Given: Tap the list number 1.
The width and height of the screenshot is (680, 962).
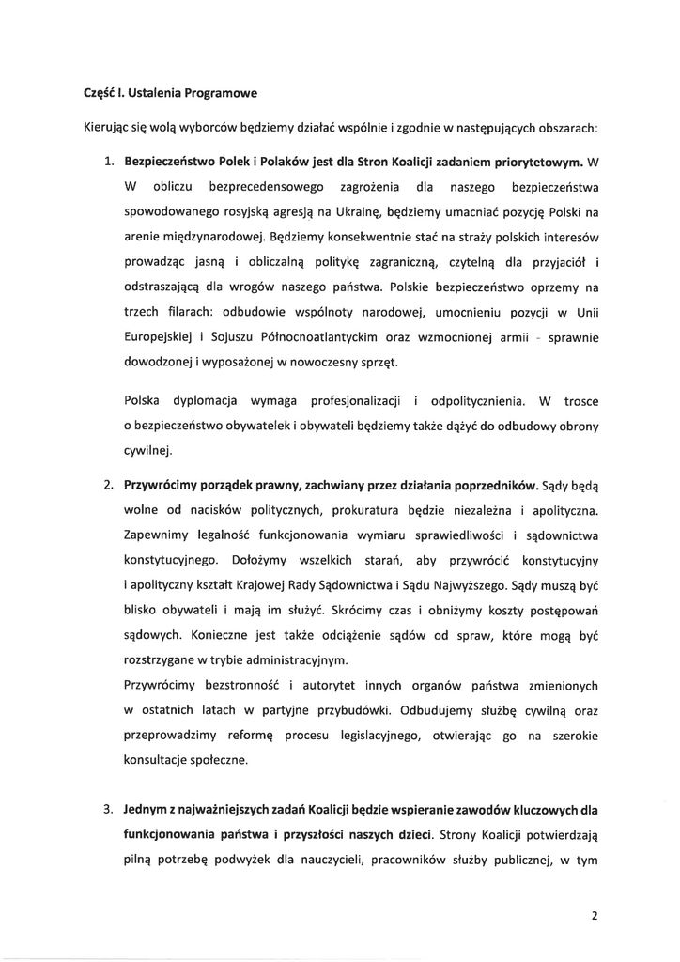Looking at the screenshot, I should tap(109, 161).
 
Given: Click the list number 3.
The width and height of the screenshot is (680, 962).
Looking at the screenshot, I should tap(109, 805).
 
